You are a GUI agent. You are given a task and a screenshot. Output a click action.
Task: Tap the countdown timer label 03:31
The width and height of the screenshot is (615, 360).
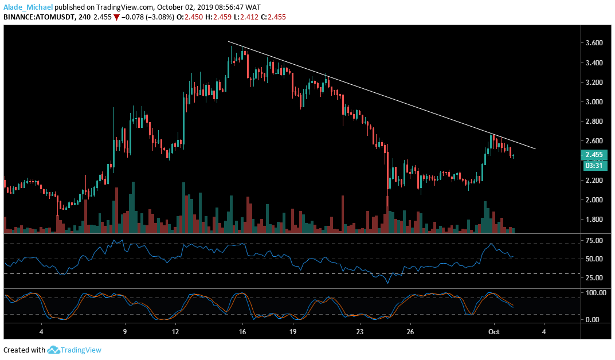tap(592, 166)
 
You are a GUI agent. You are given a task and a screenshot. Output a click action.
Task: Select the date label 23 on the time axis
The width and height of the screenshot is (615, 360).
tap(359, 332)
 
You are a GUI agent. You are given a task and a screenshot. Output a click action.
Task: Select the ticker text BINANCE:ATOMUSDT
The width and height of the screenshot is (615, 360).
tap(38, 17)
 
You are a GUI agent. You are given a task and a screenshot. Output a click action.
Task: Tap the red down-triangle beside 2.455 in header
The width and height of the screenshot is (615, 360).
tap(117, 17)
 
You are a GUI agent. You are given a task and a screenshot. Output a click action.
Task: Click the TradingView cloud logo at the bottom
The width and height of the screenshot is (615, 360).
tap(53, 350)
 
